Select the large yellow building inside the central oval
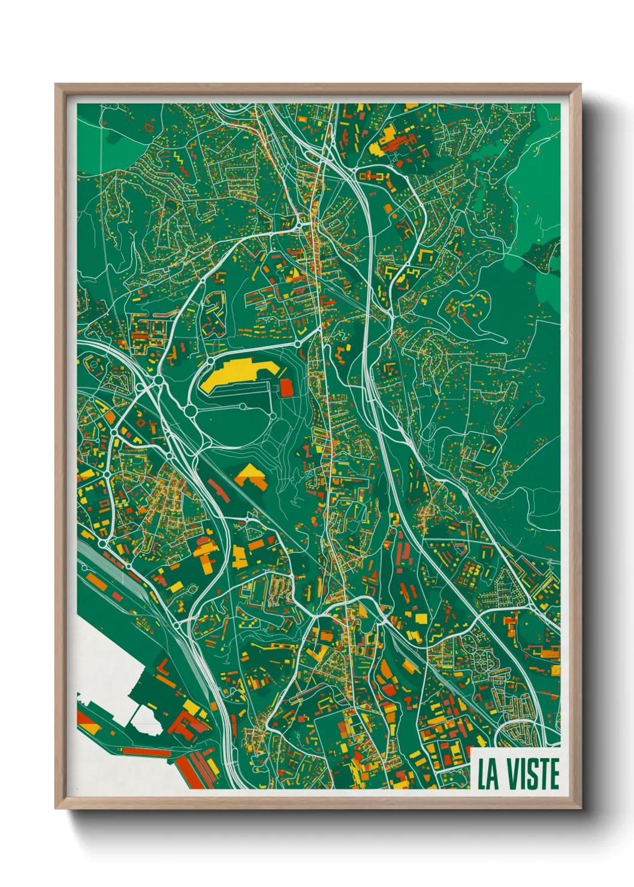point(231,375)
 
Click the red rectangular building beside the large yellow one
point(286,388)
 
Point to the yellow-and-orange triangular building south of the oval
point(250,476)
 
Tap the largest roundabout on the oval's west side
point(191,411)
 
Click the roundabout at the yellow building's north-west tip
point(210,363)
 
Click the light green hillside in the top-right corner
point(539,180)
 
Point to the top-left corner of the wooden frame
point(58,86)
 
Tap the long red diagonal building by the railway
point(219,491)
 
